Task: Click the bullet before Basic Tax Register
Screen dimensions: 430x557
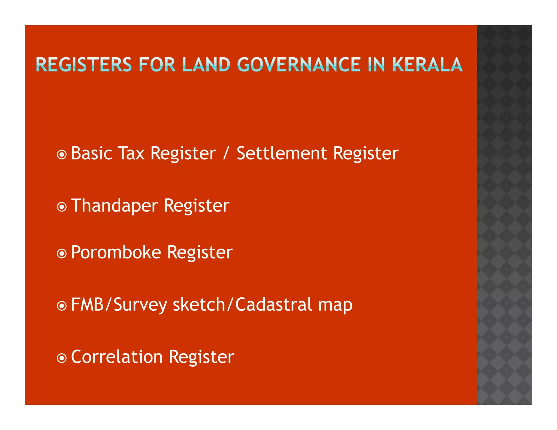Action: pyautogui.click(x=62, y=155)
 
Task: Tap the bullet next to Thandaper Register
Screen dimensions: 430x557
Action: pyautogui.click(x=62, y=207)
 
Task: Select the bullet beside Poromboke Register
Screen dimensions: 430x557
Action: pyautogui.click(x=62, y=254)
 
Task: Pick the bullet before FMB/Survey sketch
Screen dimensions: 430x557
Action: pyautogui.click(x=62, y=306)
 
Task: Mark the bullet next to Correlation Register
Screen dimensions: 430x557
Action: pyautogui.click(x=62, y=358)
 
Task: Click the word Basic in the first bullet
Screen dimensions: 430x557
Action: pyautogui.click(x=92, y=153)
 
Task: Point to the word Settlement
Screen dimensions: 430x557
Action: pyautogui.click(x=282, y=153)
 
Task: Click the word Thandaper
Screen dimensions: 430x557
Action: pyautogui.click(x=115, y=206)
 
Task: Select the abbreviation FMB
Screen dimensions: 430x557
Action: pyautogui.click(x=87, y=304)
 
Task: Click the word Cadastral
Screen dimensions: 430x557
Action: pyautogui.click(x=273, y=304)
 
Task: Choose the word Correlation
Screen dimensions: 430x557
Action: pyautogui.click(x=117, y=357)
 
